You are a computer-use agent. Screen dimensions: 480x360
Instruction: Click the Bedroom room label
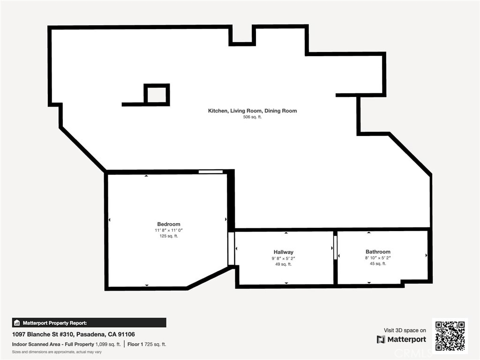(x=169, y=224)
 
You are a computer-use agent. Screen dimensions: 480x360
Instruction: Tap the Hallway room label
(x=284, y=252)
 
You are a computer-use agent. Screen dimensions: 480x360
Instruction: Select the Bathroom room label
(x=378, y=252)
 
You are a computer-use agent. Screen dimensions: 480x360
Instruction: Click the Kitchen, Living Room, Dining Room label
(x=253, y=111)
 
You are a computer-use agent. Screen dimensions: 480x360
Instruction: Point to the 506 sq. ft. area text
(x=253, y=117)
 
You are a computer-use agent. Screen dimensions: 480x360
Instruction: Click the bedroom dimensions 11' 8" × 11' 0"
(x=169, y=230)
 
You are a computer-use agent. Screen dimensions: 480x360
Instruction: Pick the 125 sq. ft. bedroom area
(x=169, y=236)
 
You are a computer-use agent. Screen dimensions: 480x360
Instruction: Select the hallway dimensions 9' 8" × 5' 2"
(x=284, y=258)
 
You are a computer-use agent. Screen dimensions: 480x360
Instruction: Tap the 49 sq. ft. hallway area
(x=284, y=264)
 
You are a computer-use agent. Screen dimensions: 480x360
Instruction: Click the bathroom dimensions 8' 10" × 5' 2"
(x=378, y=258)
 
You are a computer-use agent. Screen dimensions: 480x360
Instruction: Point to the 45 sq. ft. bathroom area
(x=378, y=263)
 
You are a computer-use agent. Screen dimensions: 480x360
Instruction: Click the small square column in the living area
(x=157, y=95)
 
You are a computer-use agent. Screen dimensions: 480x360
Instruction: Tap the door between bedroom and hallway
(x=231, y=248)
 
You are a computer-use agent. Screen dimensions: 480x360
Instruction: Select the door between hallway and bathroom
(x=335, y=247)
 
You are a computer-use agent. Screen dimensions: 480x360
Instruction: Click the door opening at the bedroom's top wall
(x=210, y=172)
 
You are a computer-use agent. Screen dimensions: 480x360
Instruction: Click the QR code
(x=450, y=336)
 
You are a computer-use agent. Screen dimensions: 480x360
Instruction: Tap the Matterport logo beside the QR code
(x=401, y=339)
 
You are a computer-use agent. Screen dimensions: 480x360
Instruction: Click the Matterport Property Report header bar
(x=89, y=322)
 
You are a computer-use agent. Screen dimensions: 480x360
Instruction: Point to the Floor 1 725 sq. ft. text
(x=147, y=345)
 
